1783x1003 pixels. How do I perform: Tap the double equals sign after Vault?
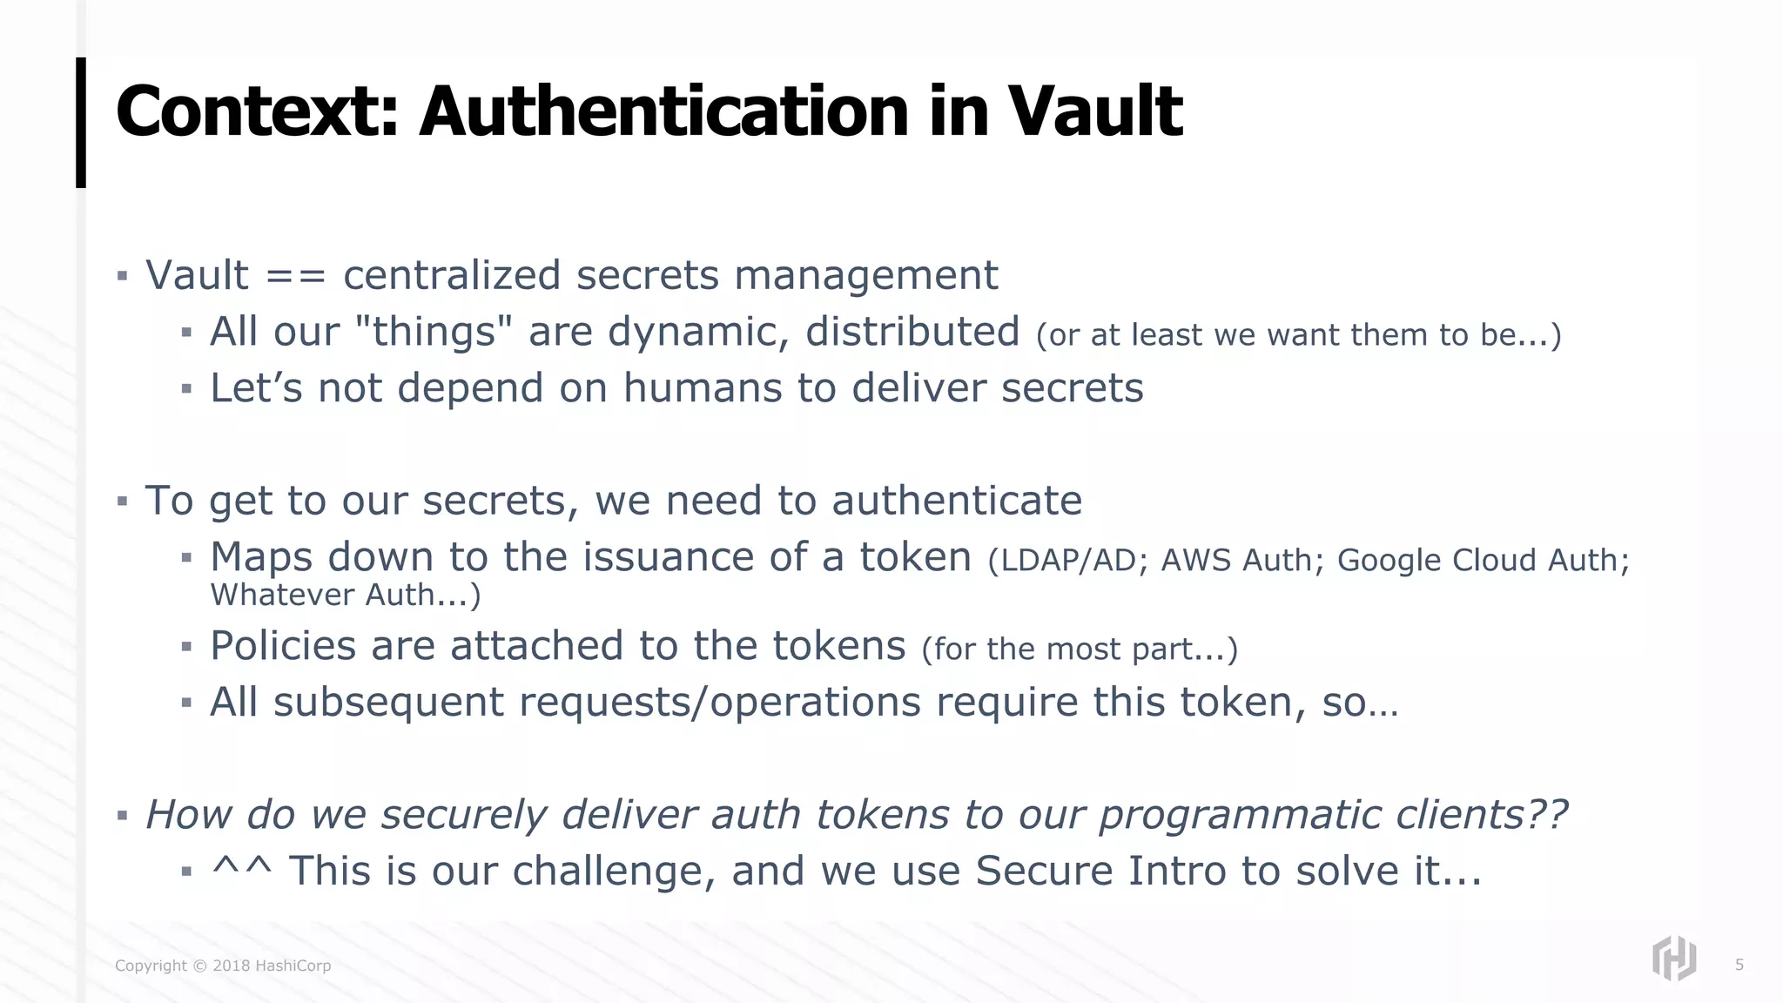[x=296, y=277]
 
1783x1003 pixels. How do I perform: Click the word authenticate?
[x=957, y=501]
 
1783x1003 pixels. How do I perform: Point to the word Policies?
[x=283, y=646]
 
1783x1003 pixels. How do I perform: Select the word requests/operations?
[x=719, y=703]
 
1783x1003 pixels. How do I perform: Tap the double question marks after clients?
[x=1547, y=815]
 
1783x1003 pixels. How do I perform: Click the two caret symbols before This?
[x=242, y=869]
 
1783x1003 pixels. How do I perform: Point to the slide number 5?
[x=1739, y=965]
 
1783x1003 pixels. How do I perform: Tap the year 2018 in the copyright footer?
[x=232, y=966]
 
